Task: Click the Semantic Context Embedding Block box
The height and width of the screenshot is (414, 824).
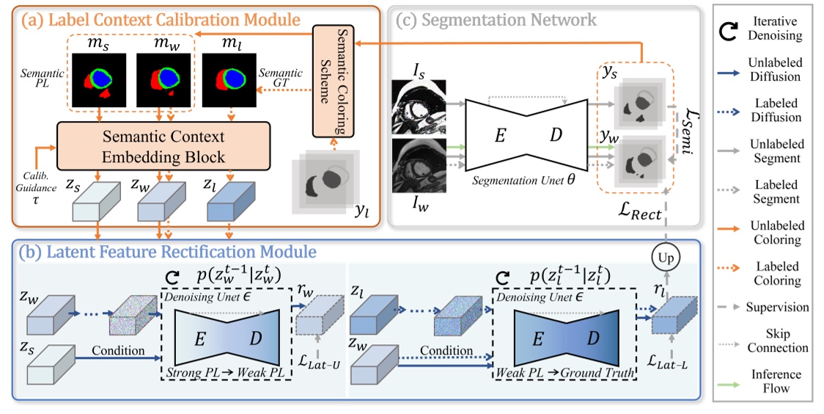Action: pos(163,147)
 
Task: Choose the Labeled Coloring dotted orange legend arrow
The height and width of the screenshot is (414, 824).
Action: pos(734,272)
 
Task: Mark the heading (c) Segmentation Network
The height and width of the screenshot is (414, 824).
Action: pos(496,20)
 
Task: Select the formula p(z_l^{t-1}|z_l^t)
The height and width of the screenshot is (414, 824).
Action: pos(568,277)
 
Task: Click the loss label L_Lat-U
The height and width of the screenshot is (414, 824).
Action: pos(317,366)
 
